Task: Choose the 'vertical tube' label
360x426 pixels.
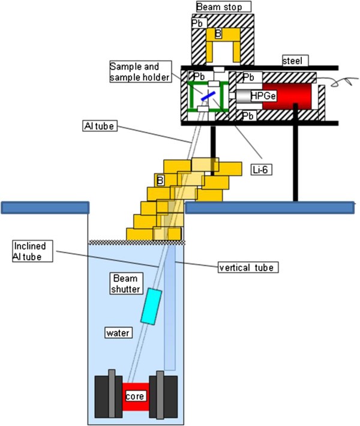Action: point(247,266)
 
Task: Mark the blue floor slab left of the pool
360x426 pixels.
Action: point(45,208)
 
